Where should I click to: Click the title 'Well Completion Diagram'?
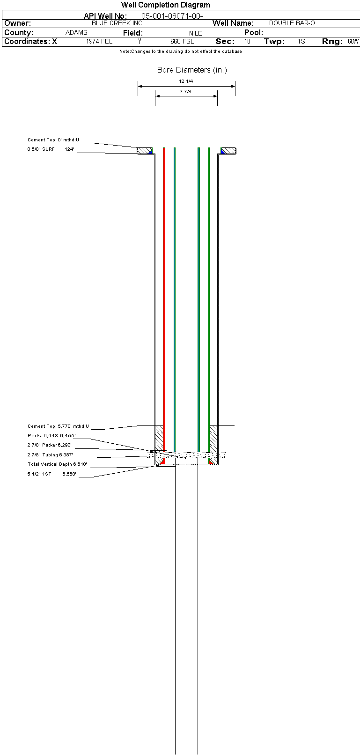pyautogui.click(x=166, y=5)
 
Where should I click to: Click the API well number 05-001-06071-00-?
pyautogui.click(x=172, y=16)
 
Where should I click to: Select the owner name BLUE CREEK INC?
pyautogui.click(x=117, y=23)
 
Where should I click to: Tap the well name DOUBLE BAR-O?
pyautogui.click(x=292, y=23)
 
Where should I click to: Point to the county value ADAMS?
pyautogui.click(x=76, y=33)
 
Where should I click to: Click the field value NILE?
pyautogui.click(x=196, y=33)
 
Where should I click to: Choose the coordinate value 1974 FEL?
pyautogui.click(x=99, y=42)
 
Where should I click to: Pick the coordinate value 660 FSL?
pyautogui.click(x=182, y=42)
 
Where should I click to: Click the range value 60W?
pyautogui.click(x=353, y=42)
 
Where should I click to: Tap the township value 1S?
pyautogui.click(x=301, y=42)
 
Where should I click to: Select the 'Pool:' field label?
pyautogui.click(x=254, y=33)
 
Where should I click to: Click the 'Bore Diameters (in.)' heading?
pyautogui.click(x=192, y=70)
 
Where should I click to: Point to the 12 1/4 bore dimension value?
pyautogui.click(x=186, y=81)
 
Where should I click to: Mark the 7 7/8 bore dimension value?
pyautogui.click(x=186, y=92)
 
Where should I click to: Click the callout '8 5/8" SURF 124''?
pyautogui.click(x=51, y=149)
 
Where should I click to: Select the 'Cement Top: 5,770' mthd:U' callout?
pyautogui.click(x=58, y=426)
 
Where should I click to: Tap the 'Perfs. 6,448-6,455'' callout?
pyautogui.click(x=51, y=436)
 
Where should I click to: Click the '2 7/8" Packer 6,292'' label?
pyautogui.click(x=50, y=445)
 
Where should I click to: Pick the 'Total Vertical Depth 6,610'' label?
pyautogui.click(x=57, y=464)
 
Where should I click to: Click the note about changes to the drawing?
pyautogui.click(x=180, y=51)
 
